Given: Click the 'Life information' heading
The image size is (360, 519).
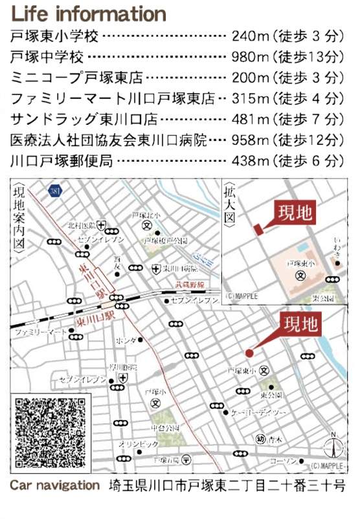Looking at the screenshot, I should [x=89, y=14].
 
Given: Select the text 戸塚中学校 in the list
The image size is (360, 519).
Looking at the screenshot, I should [x=48, y=58].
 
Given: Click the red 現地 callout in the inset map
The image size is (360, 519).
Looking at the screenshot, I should [x=294, y=213].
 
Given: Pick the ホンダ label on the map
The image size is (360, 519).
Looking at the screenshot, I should [x=127, y=340].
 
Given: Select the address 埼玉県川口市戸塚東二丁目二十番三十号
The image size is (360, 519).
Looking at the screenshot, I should [x=227, y=485].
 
